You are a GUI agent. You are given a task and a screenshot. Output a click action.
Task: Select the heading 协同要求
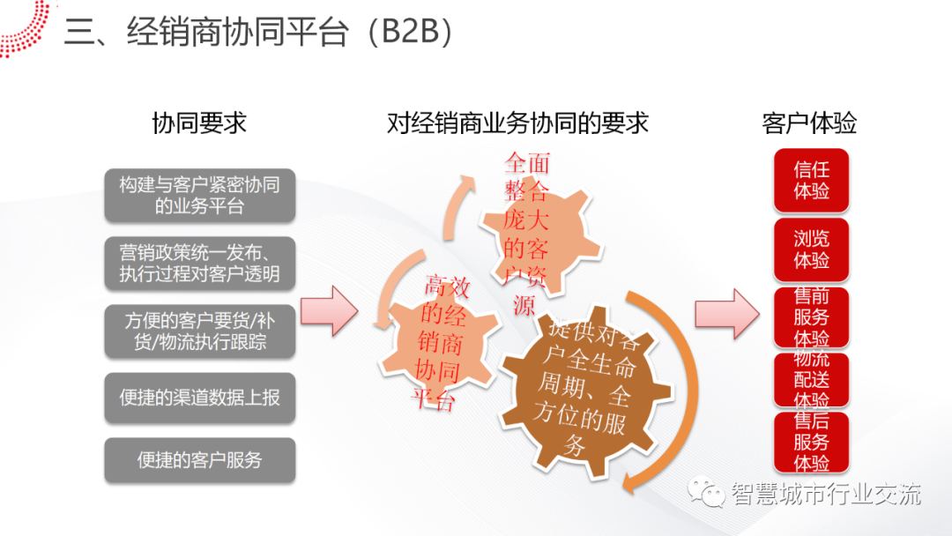(x=199, y=123)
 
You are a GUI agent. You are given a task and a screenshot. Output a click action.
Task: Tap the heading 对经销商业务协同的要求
(x=517, y=123)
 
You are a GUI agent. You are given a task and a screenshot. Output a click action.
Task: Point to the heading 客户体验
(x=809, y=123)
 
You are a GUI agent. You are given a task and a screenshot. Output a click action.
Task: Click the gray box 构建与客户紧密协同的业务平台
(x=199, y=196)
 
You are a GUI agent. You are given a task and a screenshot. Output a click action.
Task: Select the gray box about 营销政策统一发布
(x=199, y=262)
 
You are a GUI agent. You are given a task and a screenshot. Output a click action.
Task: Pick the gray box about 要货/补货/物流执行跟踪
(x=199, y=331)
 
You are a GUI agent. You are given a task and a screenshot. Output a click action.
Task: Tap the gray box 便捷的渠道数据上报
(x=199, y=398)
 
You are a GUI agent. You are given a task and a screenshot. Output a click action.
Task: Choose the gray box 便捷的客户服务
(x=199, y=459)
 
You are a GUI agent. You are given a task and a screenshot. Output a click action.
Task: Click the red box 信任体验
(x=811, y=180)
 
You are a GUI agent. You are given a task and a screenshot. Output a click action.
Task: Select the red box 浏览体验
(x=811, y=249)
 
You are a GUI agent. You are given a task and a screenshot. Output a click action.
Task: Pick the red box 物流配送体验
(x=811, y=380)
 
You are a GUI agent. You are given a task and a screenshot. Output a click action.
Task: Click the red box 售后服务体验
(x=811, y=441)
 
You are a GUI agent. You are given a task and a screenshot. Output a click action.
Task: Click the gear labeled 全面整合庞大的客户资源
(x=527, y=229)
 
